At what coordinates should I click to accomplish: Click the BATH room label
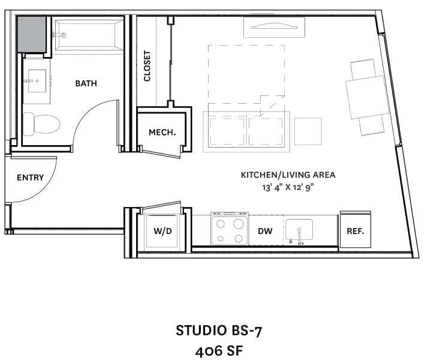[x=86, y=84]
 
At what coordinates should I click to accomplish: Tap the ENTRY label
[x=30, y=178]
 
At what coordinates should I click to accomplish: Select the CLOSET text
[x=147, y=66]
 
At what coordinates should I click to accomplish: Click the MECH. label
[x=162, y=133]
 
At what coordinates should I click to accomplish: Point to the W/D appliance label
[x=163, y=231]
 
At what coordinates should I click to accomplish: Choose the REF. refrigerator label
[x=355, y=231]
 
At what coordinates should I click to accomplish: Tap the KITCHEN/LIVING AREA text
[x=288, y=175]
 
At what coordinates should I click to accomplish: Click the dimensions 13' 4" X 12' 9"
[x=288, y=187]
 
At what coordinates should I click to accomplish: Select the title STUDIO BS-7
[x=219, y=330]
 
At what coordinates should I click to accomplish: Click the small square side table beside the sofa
[x=308, y=131]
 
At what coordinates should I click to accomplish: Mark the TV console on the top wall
[x=272, y=27]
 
